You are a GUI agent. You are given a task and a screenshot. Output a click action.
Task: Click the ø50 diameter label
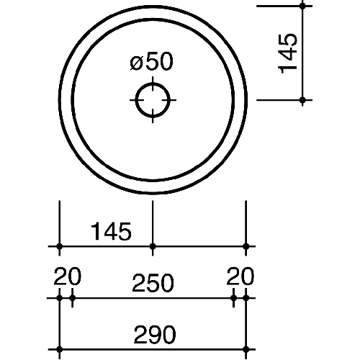pos(151,61)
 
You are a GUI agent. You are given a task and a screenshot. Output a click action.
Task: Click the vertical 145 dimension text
pos(287,53)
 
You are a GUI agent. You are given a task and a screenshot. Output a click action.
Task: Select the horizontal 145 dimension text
pos(111,231)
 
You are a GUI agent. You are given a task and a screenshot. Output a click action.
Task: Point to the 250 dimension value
pos(153,283)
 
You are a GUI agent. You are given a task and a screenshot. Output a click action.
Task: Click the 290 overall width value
pos(155,334)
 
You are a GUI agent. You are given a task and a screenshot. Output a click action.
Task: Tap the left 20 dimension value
pos(68,276)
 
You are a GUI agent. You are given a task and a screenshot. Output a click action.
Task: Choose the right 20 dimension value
pos(240,276)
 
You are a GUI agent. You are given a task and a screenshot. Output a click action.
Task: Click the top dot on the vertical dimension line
pos(302,6)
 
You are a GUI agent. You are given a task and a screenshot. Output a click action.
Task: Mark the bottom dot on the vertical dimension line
pos(302,100)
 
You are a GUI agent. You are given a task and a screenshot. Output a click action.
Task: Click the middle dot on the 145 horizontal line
pos(153,246)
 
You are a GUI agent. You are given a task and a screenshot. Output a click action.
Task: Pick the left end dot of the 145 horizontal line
pos(60,246)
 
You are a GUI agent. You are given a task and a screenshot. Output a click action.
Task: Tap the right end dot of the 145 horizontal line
pos(246,246)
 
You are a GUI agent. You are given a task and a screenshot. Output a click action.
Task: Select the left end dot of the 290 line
pos(60,349)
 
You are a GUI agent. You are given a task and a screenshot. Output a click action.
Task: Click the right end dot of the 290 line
pos(246,349)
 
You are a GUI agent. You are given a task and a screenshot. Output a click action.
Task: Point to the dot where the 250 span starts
pos(72,298)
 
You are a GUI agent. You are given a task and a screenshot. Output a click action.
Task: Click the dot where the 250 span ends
pos(233,298)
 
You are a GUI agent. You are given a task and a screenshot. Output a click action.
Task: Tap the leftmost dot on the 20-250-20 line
pos(60,298)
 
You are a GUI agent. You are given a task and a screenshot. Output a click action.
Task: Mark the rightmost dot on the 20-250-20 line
pos(246,298)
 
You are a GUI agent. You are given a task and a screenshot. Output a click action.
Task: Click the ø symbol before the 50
pos(136,64)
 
